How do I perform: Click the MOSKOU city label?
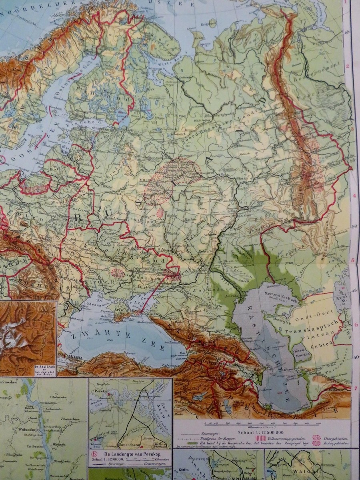coord(148,180)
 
